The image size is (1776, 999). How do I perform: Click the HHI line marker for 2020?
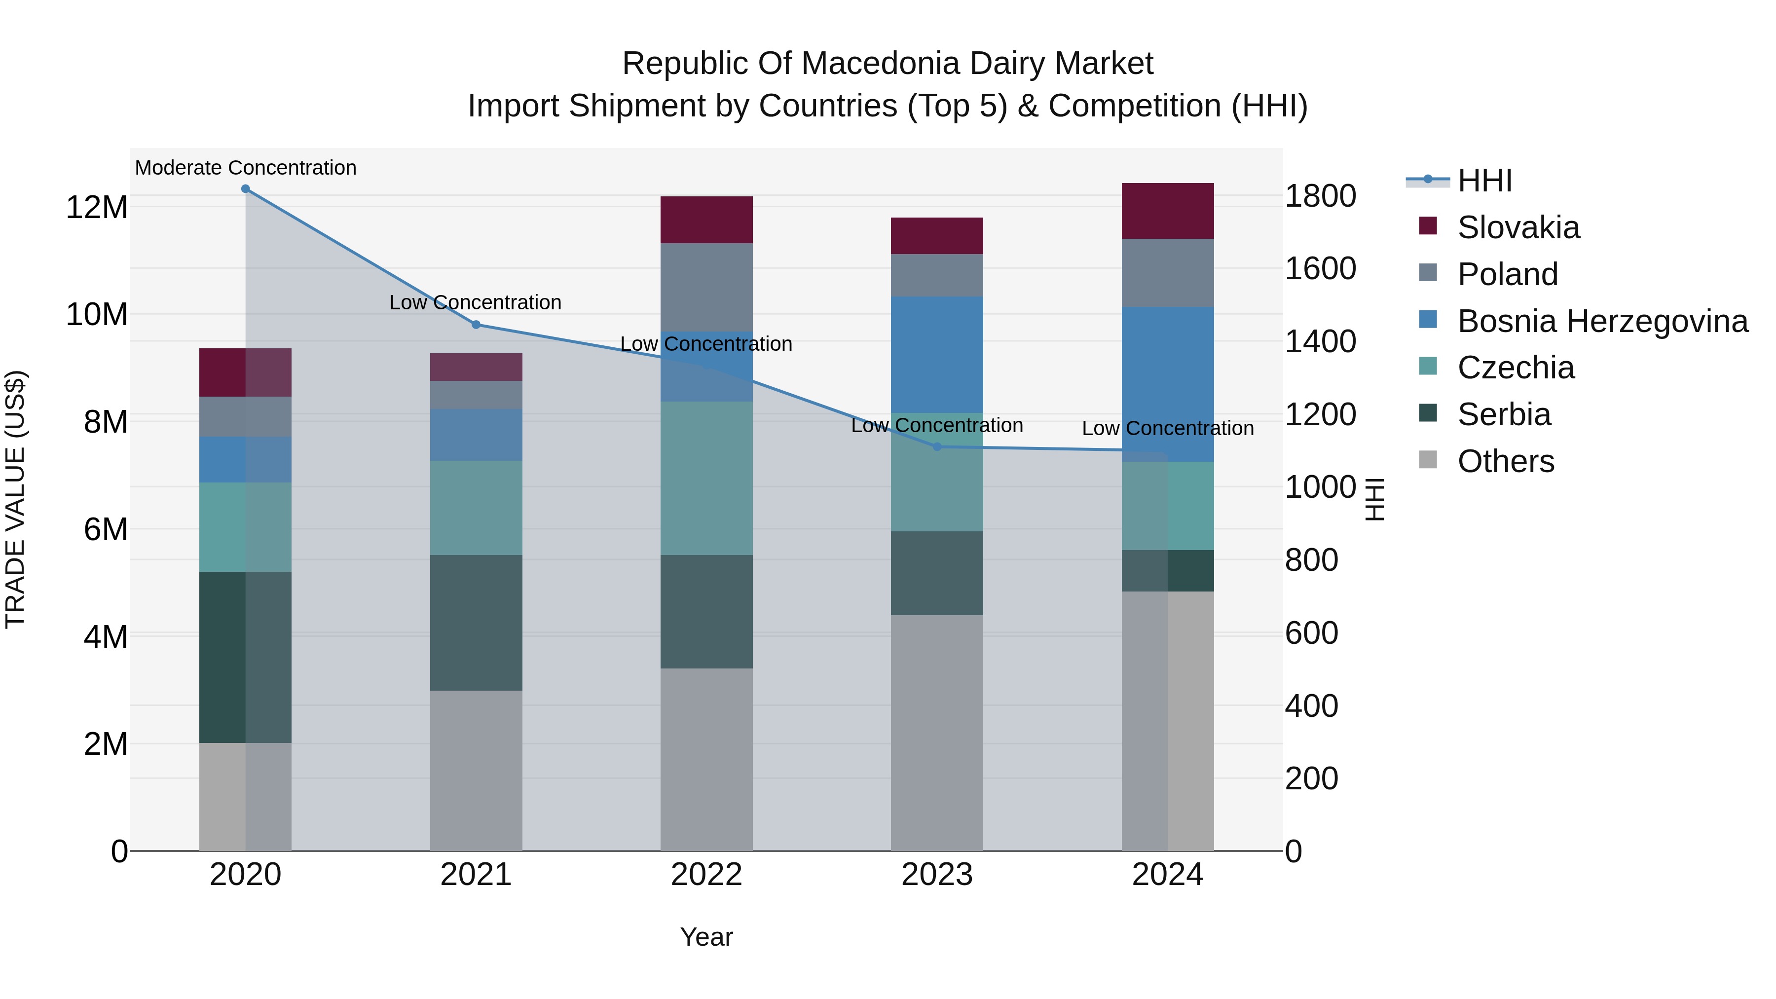pyautogui.click(x=246, y=189)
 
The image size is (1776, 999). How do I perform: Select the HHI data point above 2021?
pyautogui.click(x=476, y=325)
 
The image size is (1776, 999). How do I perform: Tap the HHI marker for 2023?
pyautogui.click(x=937, y=447)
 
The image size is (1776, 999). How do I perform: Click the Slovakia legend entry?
pyautogui.click(x=1517, y=227)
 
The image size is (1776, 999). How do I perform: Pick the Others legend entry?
pyautogui.click(x=1505, y=461)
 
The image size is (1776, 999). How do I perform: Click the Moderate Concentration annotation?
pyautogui.click(x=246, y=168)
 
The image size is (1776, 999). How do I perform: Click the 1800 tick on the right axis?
pyautogui.click(x=1320, y=196)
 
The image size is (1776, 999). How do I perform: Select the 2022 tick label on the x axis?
pyautogui.click(x=706, y=875)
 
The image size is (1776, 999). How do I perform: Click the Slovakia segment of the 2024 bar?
pyautogui.click(x=1167, y=211)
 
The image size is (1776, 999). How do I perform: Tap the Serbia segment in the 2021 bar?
pyautogui.click(x=476, y=623)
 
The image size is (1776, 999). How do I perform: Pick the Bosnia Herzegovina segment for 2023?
pyautogui.click(x=937, y=354)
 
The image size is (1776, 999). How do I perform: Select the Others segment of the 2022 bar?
pyautogui.click(x=706, y=758)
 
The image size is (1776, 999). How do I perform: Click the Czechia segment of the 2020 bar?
pyautogui.click(x=246, y=527)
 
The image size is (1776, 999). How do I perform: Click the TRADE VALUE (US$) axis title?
pyautogui.click(x=15, y=499)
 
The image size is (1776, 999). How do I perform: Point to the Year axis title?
pyautogui.click(x=706, y=937)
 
